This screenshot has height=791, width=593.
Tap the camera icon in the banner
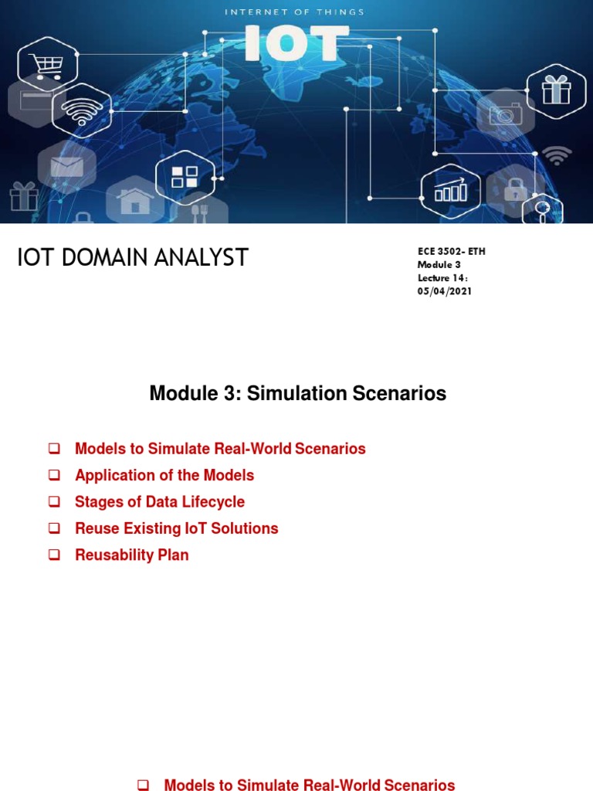point(505,115)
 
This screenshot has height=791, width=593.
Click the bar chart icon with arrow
point(450,189)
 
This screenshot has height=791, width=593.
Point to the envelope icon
point(66,165)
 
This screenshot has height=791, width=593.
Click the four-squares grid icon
point(185,177)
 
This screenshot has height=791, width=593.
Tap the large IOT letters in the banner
point(292,42)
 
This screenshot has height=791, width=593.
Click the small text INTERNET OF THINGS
point(294,12)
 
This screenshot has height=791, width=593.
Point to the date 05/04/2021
point(445,291)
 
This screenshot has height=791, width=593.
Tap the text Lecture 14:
point(442,278)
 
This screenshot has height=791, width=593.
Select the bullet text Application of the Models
point(164,475)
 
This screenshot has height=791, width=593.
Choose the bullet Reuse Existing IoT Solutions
point(176,528)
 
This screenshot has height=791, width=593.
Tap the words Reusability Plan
point(131,555)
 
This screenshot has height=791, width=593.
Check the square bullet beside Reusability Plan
point(55,555)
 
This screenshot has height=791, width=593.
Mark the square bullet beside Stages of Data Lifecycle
point(55,502)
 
